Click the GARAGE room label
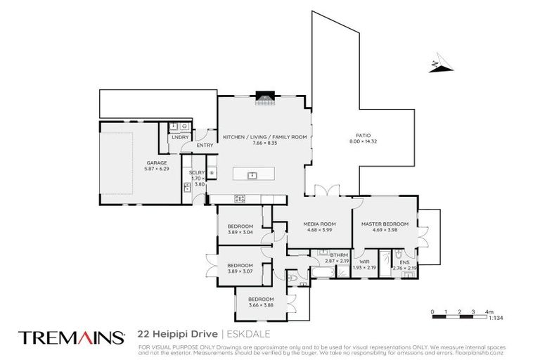136,162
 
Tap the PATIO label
362,136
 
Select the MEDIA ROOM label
319,224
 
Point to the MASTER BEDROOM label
384,224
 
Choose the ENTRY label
205,146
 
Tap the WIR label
364,261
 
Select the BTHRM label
340,255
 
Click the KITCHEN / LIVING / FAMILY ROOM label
264,137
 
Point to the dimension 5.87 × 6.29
136,169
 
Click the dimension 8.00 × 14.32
362,142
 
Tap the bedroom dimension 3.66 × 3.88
261,305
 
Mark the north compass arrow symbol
436,65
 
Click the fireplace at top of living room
264,96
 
